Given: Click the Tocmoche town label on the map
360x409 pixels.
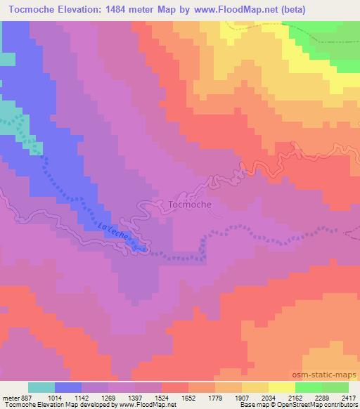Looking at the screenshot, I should coord(190,204).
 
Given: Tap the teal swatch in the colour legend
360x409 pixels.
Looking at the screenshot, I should coord(41,387).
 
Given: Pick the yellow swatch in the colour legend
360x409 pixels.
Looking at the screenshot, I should coord(282,387).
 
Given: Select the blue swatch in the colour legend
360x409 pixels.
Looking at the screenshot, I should coord(69,387).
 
